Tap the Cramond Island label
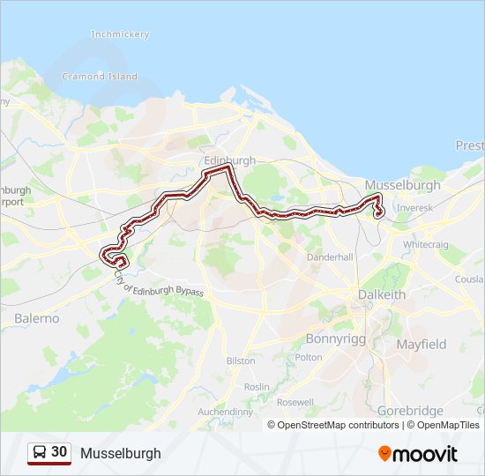point(100,77)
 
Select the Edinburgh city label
point(229,160)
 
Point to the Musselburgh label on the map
point(403,185)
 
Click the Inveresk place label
point(414,209)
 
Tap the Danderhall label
point(330,257)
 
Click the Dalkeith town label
point(382,294)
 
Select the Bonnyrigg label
point(335,338)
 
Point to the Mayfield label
point(421,344)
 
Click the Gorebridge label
point(409,410)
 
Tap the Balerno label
point(37,317)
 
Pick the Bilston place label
point(241,361)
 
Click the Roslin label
point(257,387)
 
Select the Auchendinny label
point(226,412)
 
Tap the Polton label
point(309,357)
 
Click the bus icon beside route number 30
point(40,453)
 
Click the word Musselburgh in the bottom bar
point(121,453)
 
